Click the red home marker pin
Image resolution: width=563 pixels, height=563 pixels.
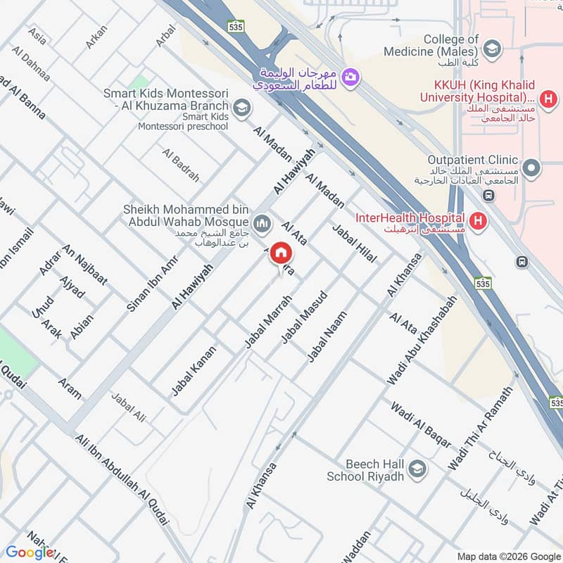(x=281, y=253)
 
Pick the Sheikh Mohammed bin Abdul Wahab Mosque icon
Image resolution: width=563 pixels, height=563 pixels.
(x=263, y=224)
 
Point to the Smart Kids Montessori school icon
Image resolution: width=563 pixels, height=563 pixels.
(x=242, y=108)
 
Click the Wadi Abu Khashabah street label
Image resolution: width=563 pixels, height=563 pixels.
(x=422, y=339)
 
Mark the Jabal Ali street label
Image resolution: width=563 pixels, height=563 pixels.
(x=128, y=407)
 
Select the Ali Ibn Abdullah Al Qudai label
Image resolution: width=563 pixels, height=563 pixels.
(x=122, y=478)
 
